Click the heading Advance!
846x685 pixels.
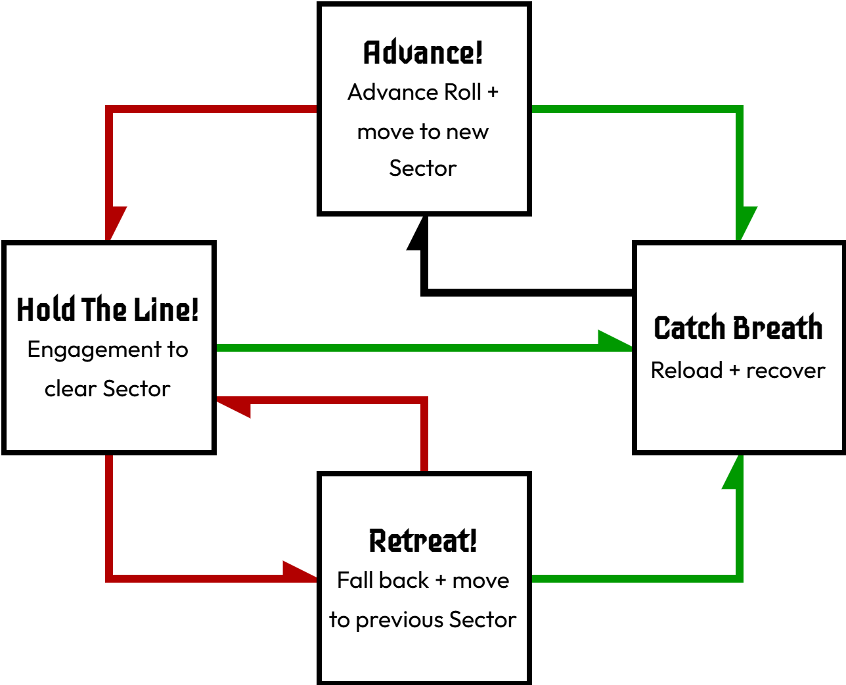[x=423, y=52]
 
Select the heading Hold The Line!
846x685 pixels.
[x=108, y=310]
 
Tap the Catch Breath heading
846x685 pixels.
[x=738, y=328]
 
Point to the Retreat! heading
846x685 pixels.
[x=423, y=541]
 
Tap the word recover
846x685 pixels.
[x=786, y=371]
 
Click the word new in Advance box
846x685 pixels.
[x=467, y=132]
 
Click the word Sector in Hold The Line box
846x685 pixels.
[x=137, y=389]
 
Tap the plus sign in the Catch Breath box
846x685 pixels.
[x=734, y=371]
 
